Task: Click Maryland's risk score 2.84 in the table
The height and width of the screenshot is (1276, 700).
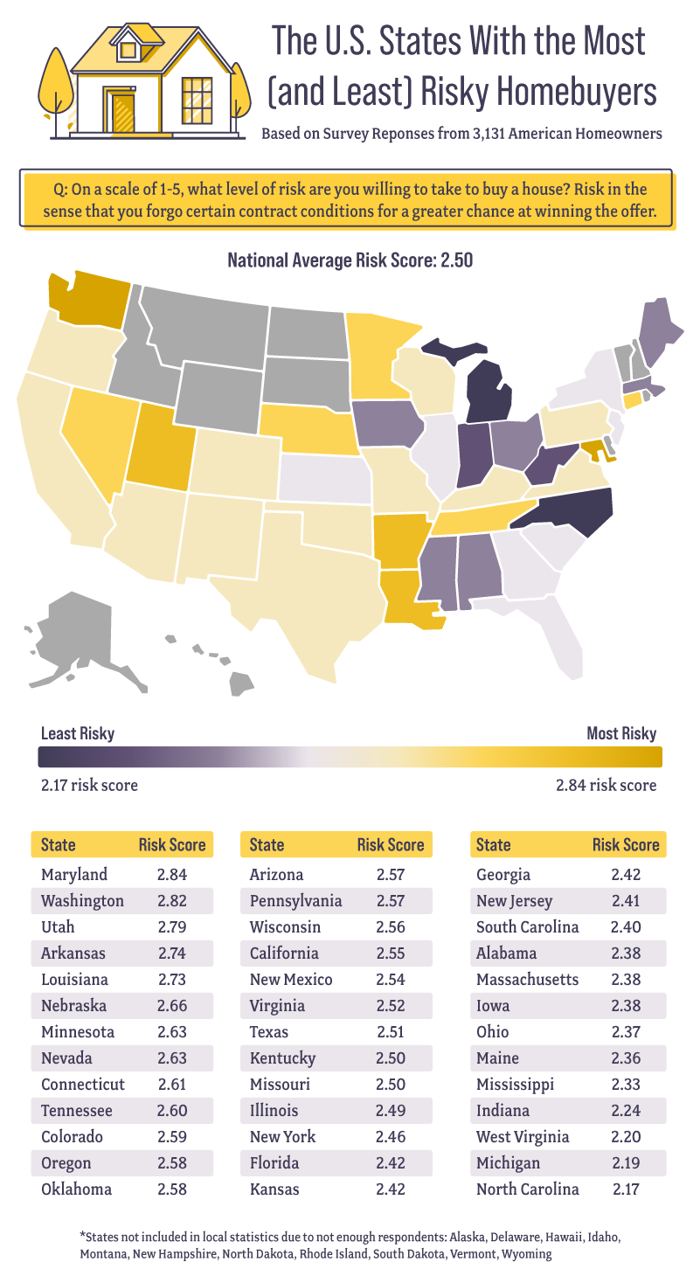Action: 171,875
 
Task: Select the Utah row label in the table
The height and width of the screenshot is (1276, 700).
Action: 58,927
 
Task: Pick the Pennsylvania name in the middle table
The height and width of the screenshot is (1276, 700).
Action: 295,901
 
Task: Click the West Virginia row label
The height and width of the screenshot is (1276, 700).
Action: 523,1137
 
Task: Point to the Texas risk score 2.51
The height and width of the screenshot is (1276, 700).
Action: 392,1032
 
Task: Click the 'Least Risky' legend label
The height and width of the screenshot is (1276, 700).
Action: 78,733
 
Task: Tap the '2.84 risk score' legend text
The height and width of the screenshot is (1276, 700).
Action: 606,785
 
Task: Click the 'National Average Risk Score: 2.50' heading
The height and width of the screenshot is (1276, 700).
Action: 350,260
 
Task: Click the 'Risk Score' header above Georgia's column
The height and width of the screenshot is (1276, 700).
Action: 626,845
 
